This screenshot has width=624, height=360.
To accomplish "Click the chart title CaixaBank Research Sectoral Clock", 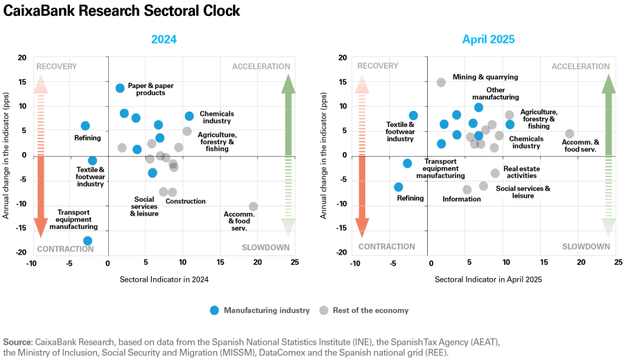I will (x=122, y=11).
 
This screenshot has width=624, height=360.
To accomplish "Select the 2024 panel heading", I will (x=164, y=40).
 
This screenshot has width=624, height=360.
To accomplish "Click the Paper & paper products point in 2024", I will (x=120, y=88).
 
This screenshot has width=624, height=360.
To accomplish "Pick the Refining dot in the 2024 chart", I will (x=85, y=126).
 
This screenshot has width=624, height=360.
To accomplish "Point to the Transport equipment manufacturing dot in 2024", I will (x=87, y=241).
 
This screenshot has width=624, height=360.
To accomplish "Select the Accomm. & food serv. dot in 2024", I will (x=253, y=206).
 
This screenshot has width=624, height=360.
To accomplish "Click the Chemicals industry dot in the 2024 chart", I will (x=189, y=116).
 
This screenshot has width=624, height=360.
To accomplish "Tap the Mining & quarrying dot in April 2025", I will (x=441, y=82).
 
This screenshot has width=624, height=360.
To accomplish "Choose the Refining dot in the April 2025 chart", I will (x=398, y=187).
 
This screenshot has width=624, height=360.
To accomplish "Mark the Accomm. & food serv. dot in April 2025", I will (x=569, y=133).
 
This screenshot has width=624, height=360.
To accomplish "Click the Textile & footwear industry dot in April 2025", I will (x=413, y=115).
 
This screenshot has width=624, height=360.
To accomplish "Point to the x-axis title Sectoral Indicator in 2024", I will (x=164, y=279).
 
